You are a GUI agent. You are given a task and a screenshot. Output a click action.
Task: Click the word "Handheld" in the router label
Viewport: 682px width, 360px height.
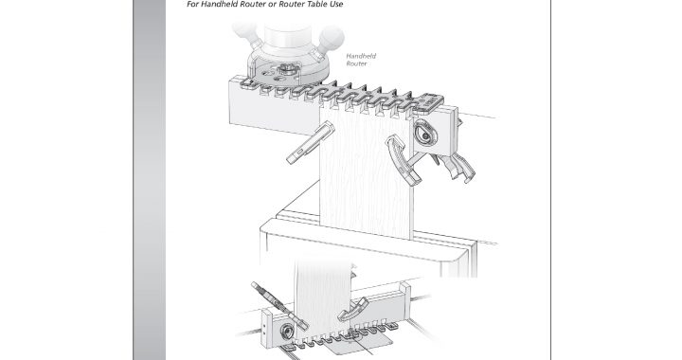click(x=361, y=56)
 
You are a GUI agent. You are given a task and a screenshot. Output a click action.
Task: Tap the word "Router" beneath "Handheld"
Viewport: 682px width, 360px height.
click(x=356, y=63)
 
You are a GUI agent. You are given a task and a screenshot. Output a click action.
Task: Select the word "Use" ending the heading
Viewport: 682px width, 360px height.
click(x=335, y=5)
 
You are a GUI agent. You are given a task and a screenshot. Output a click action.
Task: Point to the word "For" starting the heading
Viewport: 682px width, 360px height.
click(x=192, y=5)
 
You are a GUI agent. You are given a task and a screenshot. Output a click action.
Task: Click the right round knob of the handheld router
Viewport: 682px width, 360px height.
click(x=332, y=37)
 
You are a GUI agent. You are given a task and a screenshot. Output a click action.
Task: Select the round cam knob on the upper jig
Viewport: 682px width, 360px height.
click(x=424, y=134)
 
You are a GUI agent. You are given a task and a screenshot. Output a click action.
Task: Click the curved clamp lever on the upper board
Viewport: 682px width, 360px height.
click(x=401, y=158)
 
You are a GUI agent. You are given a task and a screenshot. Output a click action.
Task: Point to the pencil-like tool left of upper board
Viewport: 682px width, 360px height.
click(x=310, y=143)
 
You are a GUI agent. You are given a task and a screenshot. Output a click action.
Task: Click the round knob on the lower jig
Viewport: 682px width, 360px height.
click(x=287, y=332)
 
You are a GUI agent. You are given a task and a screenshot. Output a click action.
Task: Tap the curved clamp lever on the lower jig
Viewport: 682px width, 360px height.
click(x=354, y=308)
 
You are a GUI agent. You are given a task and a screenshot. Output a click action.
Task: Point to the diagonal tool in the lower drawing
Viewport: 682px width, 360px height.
click(x=279, y=305)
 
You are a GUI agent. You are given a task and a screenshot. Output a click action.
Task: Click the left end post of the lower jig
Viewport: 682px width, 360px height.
click(x=266, y=329)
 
